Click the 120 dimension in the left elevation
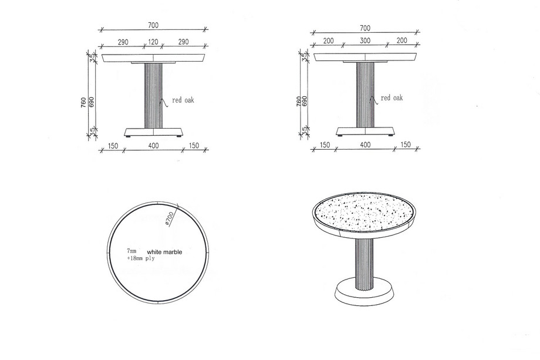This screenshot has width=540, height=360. pyautogui.click(x=153, y=42)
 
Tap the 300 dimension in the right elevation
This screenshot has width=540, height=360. pyautogui.click(x=365, y=41)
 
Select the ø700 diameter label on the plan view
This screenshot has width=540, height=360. pyautogui.click(x=170, y=218)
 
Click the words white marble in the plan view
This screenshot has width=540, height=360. pyautogui.click(x=164, y=252)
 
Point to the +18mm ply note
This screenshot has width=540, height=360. pyautogui.click(x=141, y=258)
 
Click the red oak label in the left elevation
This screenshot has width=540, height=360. pyautogui.click(x=183, y=100)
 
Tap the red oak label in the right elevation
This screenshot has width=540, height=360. pyautogui.click(x=392, y=98)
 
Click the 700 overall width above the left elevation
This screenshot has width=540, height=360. pyautogui.click(x=153, y=25)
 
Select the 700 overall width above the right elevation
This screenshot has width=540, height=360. pyautogui.click(x=365, y=28)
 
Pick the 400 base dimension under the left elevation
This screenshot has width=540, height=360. pyautogui.click(x=153, y=146)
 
